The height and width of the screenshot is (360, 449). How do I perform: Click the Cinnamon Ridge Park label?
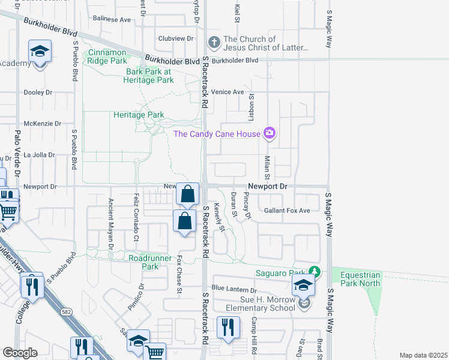pyautogui.click(x=107, y=56)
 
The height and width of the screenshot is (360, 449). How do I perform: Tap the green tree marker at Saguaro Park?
pyautogui.click(x=314, y=272)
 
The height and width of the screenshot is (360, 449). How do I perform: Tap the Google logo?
pyautogui.click(x=20, y=353)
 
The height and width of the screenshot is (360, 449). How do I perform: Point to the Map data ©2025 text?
pyautogui.click(x=423, y=355)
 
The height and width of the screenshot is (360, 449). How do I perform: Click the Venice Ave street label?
pyautogui.click(x=228, y=92)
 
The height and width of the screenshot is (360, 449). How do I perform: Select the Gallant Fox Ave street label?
pyautogui.click(x=287, y=211)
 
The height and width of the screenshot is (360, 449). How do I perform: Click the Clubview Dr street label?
pyautogui.click(x=175, y=38)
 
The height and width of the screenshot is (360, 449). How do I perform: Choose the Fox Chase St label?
pyautogui.click(x=179, y=275)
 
